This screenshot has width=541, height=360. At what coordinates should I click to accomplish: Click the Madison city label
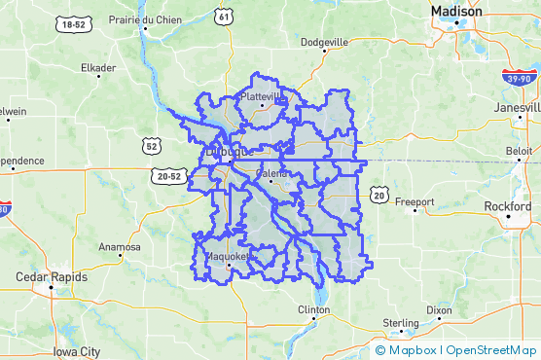[x=455, y=12]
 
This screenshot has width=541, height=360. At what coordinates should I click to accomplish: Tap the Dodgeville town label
[x=325, y=43]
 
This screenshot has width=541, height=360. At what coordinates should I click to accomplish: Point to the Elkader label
[x=97, y=68]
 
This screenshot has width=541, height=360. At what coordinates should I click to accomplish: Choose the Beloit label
[x=520, y=153]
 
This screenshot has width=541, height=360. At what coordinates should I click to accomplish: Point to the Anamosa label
[x=119, y=247]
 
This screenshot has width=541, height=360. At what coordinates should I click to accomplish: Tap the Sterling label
[x=401, y=322]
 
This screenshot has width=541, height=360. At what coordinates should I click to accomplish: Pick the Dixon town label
[x=439, y=310]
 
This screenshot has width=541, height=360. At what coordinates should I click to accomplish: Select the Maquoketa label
[x=230, y=257]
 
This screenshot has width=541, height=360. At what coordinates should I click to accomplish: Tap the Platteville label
[x=262, y=97]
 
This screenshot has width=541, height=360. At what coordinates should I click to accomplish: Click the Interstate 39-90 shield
[x=517, y=77]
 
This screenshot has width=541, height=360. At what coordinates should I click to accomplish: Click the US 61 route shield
[x=226, y=17]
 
